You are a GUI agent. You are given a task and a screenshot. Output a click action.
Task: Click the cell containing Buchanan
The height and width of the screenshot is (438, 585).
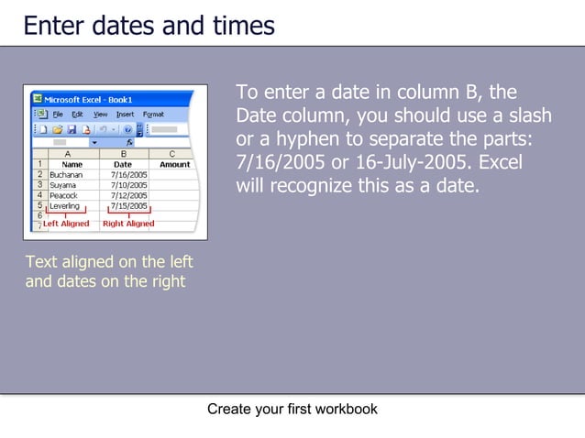[66, 174]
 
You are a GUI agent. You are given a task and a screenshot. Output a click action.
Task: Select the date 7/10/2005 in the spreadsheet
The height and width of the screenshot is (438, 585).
[128, 185]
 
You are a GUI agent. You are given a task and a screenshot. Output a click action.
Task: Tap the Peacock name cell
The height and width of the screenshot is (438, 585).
[63, 195]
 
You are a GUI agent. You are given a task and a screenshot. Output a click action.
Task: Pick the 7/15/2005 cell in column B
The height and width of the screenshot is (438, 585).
[128, 206]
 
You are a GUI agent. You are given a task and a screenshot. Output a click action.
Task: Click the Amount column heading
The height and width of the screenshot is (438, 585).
[174, 165]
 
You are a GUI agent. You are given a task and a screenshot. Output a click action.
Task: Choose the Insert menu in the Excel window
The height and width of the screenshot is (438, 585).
[125, 115]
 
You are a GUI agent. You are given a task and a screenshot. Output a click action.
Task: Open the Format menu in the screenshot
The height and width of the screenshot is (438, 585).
[153, 115]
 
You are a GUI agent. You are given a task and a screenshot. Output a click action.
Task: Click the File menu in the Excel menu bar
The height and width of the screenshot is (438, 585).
[57, 115]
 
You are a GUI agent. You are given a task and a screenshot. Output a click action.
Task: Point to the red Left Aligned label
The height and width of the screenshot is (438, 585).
[66, 224]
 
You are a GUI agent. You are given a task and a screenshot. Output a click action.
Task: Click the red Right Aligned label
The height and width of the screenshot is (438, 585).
[128, 224]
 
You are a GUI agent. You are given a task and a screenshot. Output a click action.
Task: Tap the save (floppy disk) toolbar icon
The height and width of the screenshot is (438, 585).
[71, 129]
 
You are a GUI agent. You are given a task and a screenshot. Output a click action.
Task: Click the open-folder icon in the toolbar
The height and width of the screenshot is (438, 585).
[56, 129]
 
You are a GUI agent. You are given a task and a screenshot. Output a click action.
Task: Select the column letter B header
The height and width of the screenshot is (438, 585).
[124, 155]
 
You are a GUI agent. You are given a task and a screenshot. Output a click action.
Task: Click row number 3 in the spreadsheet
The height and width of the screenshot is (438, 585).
[39, 185]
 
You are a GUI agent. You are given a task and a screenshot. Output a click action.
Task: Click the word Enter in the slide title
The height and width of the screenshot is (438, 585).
[54, 25]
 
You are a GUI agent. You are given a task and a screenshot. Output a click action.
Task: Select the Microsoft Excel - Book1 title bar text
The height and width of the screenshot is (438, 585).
[89, 99]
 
